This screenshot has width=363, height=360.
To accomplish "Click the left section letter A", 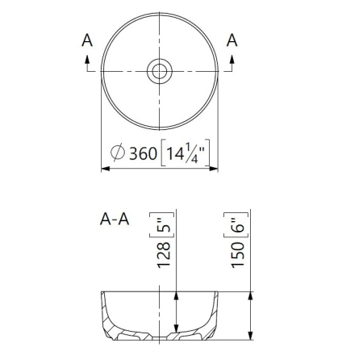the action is pos(87,40).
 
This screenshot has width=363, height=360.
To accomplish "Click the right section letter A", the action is pos(232,40).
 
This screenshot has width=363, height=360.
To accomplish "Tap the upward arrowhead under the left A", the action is pos(87,59).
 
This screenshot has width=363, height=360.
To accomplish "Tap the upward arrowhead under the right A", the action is pos(232,59).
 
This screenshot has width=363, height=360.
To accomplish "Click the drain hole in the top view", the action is pos(160,71).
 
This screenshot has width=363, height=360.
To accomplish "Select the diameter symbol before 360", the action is pos(118,153).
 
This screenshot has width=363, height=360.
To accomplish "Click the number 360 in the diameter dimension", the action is pos(143,153).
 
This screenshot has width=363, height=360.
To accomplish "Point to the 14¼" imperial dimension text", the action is pos(186,153).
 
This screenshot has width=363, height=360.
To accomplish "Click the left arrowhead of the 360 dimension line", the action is pos(106,169).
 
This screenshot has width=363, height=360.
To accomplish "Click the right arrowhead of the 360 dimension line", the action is pos(214,169).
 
